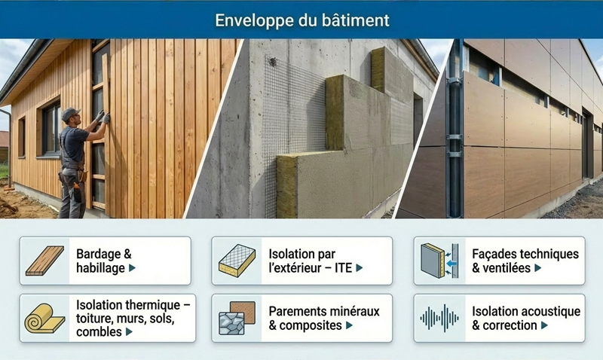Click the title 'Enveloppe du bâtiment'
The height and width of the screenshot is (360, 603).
[301, 19]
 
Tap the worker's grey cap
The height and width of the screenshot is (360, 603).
[70, 114]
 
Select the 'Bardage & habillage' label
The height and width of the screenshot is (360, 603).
[106, 261]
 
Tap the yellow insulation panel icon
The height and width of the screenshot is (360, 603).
[237, 261]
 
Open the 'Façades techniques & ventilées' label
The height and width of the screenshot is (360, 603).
[525, 261]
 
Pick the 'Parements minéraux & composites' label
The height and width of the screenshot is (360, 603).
[323, 318]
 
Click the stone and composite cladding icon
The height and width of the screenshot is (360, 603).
[237, 318]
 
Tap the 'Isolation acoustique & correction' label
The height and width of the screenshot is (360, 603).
[525, 318]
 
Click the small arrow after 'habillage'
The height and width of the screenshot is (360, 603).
[132, 268]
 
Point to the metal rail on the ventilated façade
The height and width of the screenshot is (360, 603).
[455, 128]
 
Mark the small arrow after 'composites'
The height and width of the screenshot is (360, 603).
[348, 326]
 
